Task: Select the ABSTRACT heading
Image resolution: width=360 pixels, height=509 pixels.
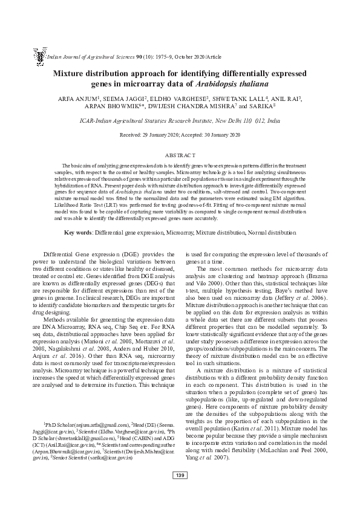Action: [x=180, y=155]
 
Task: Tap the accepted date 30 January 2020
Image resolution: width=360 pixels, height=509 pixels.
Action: [x=221, y=135]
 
